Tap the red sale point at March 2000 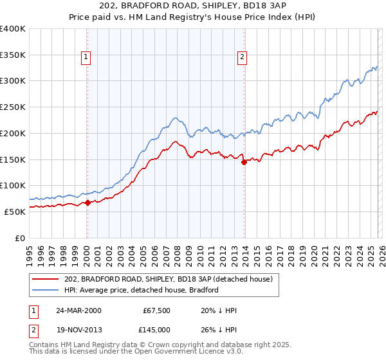pyautogui.click(x=87, y=203)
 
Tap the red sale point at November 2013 pyautogui.click(x=244, y=162)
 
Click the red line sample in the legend pyautogui.click(x=46, y=279)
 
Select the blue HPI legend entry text pyautogui.click(x=142, y=290)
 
